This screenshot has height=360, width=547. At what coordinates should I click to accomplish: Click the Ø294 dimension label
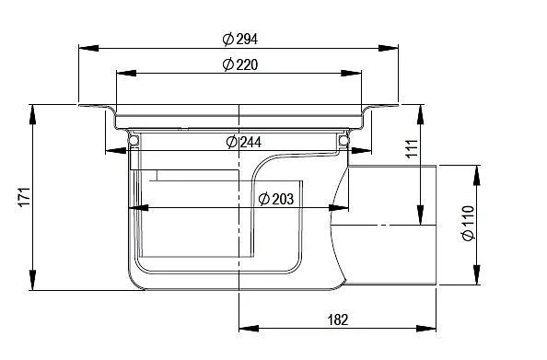pyautogui.click(x=240, y=39)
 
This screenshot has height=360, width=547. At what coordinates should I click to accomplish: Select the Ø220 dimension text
pyautogui.click(x=240, y=64)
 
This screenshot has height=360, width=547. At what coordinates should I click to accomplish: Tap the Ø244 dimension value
pyautogui.click(x=243, y=142)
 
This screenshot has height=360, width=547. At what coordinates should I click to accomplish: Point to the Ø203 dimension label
pyautogui.click(x=276, y=199)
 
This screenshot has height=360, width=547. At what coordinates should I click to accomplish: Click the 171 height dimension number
pyautogui.click(x=25, y=197)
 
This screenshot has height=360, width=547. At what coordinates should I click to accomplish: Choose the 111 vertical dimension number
pyautogui.click(x=412, y=148)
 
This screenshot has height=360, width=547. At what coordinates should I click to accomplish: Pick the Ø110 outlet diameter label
pyautogui.click(x=468, y=223)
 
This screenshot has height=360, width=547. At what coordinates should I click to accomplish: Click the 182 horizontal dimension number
pyautogui.click(x=338, y=319)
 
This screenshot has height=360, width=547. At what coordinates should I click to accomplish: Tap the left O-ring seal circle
pyautogui.click(x=134, y=140)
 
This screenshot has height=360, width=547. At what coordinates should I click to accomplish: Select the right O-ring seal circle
pyautogui.click(x=343, y=140)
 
